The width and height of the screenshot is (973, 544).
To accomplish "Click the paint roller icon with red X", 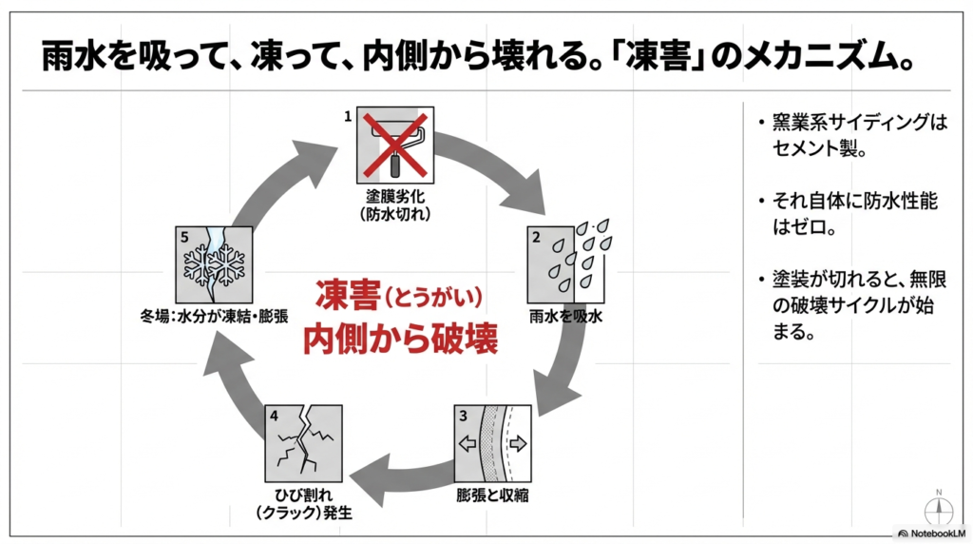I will [395, 145].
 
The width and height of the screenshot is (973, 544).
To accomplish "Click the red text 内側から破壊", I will [399, 340].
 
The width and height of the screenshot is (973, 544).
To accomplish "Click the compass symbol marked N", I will [938, 505].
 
